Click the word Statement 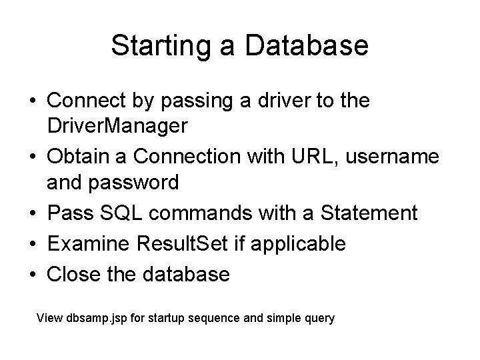[369, 213]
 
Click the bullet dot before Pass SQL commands [33, 214]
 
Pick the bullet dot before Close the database [33, 275]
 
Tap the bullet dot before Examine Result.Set [33, 245]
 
